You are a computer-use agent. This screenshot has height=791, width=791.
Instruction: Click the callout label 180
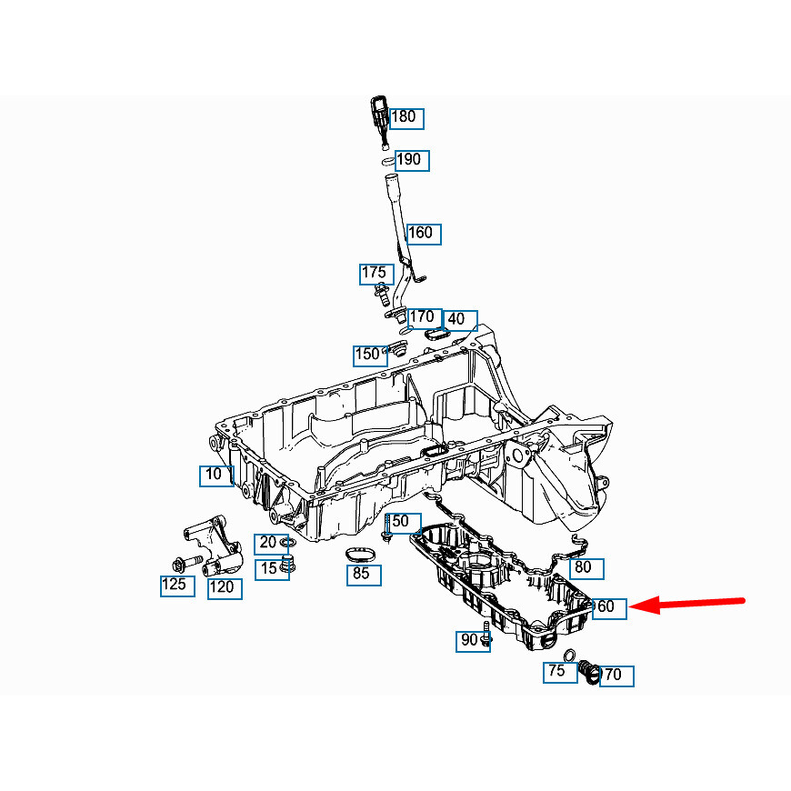[406, 118]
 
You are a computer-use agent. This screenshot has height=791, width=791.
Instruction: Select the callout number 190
[412, 161]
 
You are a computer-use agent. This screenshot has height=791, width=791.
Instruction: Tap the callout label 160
[424, 235]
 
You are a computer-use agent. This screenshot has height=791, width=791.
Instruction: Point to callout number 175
[376, 274]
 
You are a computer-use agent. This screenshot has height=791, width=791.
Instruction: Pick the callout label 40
[460, 320]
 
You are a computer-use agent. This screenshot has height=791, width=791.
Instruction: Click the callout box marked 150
[370, 355]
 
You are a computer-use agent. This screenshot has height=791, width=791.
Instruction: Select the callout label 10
[216, 476]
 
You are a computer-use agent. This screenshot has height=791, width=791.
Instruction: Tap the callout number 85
[364, 576]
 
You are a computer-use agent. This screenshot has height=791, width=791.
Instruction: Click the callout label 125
[177, 586]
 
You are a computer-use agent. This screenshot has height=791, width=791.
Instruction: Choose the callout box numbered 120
[225, 589]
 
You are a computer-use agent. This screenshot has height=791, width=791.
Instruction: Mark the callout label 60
[609, 608]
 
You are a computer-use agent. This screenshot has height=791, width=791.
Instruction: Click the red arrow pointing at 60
[687, 604]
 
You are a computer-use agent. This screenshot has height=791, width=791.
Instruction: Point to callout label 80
[586, 568]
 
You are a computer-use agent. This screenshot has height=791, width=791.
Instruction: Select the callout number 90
[473, 641]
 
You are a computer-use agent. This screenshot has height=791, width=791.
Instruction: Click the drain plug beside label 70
[588, 672]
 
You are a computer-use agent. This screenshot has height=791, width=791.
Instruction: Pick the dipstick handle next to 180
[380, 121]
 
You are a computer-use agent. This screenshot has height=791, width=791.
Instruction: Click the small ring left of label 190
[388, 162]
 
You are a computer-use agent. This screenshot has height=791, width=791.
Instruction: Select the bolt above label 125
[187, 562]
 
